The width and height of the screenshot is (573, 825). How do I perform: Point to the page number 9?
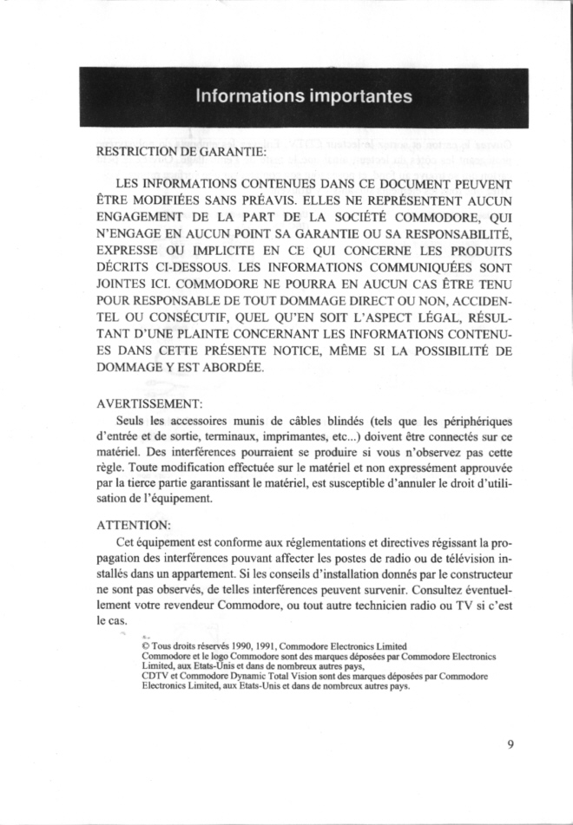(x=511, y=743)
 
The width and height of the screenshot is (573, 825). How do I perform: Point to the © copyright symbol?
(x=145, y=646)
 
